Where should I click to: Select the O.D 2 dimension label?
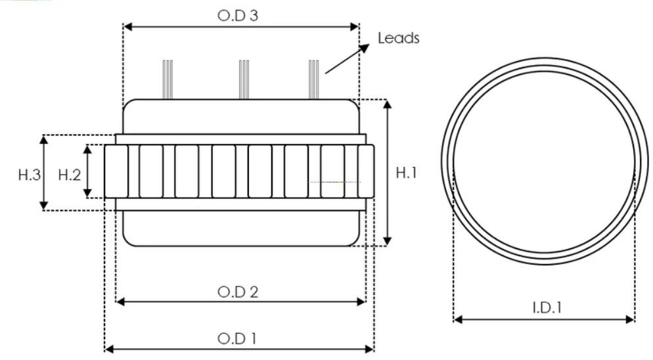coord(237,292)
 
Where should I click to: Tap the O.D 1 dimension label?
coord(237,338)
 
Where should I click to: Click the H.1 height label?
coord(407,173)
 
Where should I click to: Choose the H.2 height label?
coord(70,174)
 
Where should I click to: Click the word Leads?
coord(398,38)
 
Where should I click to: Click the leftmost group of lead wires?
coord(168,79)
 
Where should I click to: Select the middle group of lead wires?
coord(244,79)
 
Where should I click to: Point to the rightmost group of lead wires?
coord(314,79)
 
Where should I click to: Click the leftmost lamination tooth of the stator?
coord(116,171)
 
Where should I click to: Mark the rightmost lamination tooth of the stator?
coord(366,171)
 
